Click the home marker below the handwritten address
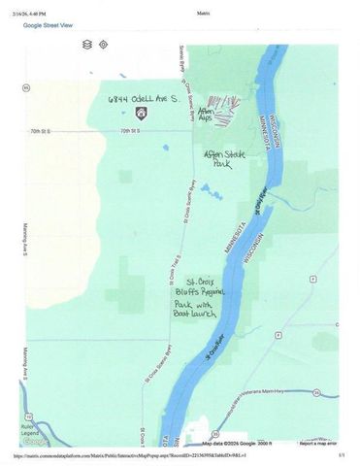pos(141,114)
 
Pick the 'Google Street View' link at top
pos(49,26)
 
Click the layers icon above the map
pos(87,45)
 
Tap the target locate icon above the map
pos(103,45)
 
